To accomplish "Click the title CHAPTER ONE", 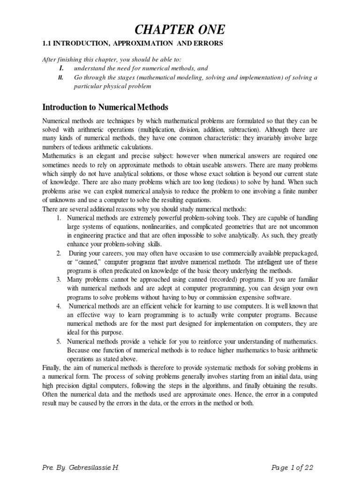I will pos(180,30).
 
